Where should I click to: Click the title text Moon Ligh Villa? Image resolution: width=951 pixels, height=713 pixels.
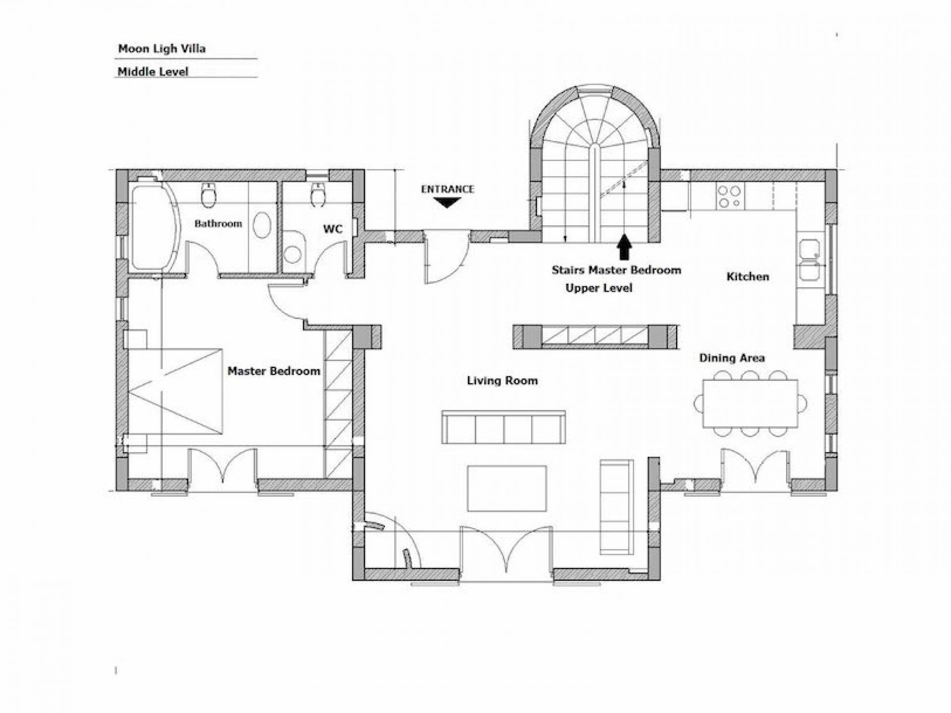161,49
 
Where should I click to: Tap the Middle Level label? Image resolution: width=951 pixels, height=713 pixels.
153,71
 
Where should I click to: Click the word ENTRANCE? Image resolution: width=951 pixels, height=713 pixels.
447,189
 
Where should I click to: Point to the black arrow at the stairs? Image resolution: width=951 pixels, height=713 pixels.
625,247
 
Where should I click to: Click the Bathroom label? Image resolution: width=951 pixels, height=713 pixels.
218,224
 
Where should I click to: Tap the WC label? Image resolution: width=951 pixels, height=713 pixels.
333,229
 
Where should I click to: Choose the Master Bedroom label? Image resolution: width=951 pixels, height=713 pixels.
274,371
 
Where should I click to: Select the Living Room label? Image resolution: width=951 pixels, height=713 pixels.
502,380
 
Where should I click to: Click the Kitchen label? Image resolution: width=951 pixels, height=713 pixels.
747,276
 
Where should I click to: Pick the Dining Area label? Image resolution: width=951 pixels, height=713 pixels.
732,357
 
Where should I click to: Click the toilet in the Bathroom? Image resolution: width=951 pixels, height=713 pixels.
209,195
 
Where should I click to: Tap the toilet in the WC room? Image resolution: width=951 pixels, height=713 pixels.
317,195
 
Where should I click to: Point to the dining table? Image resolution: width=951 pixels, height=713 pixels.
750,404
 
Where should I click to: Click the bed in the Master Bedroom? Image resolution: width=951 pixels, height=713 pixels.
175,391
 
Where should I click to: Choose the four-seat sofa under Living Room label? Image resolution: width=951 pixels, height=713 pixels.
504,427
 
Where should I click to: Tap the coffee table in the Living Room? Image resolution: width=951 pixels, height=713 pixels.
507,488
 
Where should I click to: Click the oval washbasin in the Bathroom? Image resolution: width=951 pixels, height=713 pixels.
262,225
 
